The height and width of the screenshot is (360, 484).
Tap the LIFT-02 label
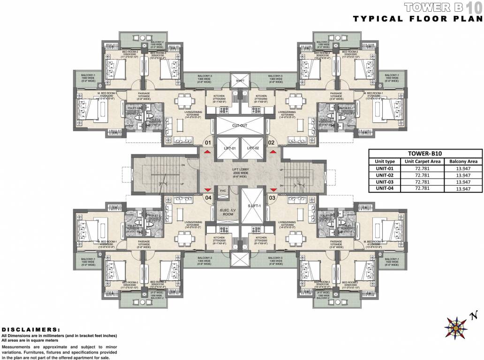click(253, 148)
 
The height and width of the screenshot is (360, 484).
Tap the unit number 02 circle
click(271, 142)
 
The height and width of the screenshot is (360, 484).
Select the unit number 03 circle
click(271, 197)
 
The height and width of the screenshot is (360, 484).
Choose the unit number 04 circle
click(208, 197)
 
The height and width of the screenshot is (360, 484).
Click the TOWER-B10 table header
click(425, 153)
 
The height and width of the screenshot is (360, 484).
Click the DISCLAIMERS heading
click(31, 330)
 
